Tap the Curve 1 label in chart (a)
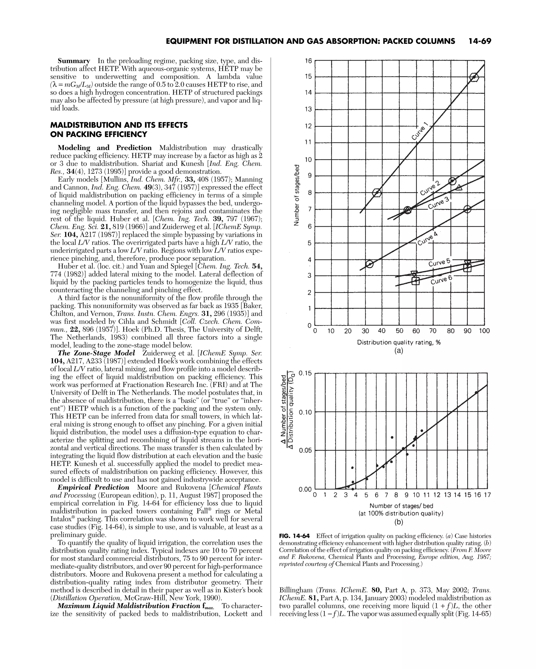pyautogui.click(x=420, y=131)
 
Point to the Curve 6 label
pyautogui.click(x=441, y=280)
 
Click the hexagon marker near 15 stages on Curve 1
pyautogui.click(x=474, y=77)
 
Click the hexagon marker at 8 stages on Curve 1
pyautogui.click(x=377, y=193)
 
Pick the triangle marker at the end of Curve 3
pyautogui.click(x=459, y=187)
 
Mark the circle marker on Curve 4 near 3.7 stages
pyautogui.click(x=370, y=264)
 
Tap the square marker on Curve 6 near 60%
pyautogui.click(x=415, y=281)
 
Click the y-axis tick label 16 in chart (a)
pyautogui.click(x=308, y=61)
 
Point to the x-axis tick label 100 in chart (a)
pyautogui.click(x=484, y=331)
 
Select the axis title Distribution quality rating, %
pyautogui.click(x=399, y=342)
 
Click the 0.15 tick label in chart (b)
pyautogui.click(x=305, y=373)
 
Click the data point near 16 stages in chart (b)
pyautogui.click(x=476, y=393)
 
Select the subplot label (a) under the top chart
pyautogui.click(x=399, y=351)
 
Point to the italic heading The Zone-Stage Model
pyautogui.click(x=96, y=353)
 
